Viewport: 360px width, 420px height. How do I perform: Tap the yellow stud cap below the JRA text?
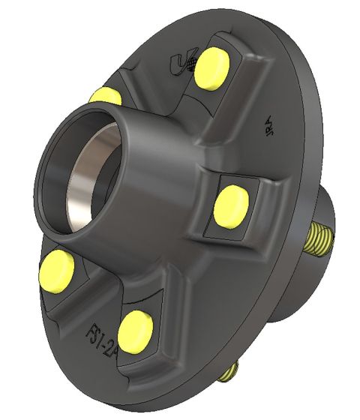(230, 206)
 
